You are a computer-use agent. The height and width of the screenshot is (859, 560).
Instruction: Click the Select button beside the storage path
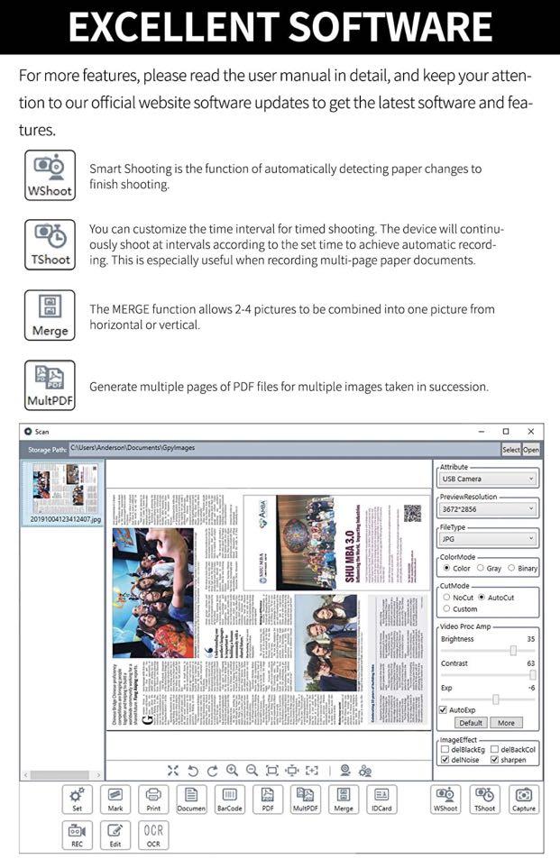510,449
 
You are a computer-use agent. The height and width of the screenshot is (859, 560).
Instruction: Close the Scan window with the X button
530,432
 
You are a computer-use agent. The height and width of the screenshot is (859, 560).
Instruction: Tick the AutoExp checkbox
443,709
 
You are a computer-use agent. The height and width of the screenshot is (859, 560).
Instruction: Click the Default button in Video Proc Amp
471,723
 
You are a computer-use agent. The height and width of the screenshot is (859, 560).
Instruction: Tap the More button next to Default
505,723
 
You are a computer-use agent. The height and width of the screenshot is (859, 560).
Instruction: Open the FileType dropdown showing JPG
487,539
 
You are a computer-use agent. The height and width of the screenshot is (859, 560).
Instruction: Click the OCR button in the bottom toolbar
153,835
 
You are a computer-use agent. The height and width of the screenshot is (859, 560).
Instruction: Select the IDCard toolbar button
381,799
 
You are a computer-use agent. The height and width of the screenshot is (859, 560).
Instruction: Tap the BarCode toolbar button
229,799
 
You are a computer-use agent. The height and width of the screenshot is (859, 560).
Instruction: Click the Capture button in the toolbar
523,799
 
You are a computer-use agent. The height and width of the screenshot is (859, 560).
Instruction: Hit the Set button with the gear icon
78,799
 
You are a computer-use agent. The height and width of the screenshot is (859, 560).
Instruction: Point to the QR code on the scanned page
412,513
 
